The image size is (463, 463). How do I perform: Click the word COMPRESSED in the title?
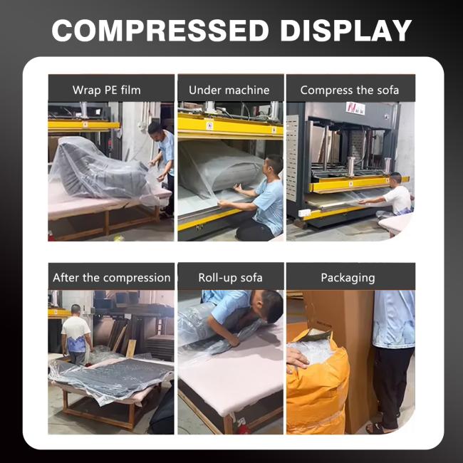click(160, 31)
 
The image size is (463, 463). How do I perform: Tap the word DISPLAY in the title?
click(345, 31)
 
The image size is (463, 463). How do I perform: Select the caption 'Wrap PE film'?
click(107, 90)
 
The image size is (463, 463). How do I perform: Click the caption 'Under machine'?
click(229, 90)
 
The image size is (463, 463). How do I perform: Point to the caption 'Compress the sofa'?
click(350, 90)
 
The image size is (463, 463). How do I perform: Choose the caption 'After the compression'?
click(112, 278)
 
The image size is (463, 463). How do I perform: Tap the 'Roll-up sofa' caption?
click(230, 278)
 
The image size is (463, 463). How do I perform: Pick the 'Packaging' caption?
click(348, 278)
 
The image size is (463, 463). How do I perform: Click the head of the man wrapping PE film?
click(156, 129)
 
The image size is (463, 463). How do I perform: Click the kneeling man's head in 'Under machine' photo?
click(274, 167)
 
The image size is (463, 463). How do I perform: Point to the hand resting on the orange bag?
click(297, 358)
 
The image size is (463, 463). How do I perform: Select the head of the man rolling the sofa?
click(270, 307)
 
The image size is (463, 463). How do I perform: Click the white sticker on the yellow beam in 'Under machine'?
click(209, 126)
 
